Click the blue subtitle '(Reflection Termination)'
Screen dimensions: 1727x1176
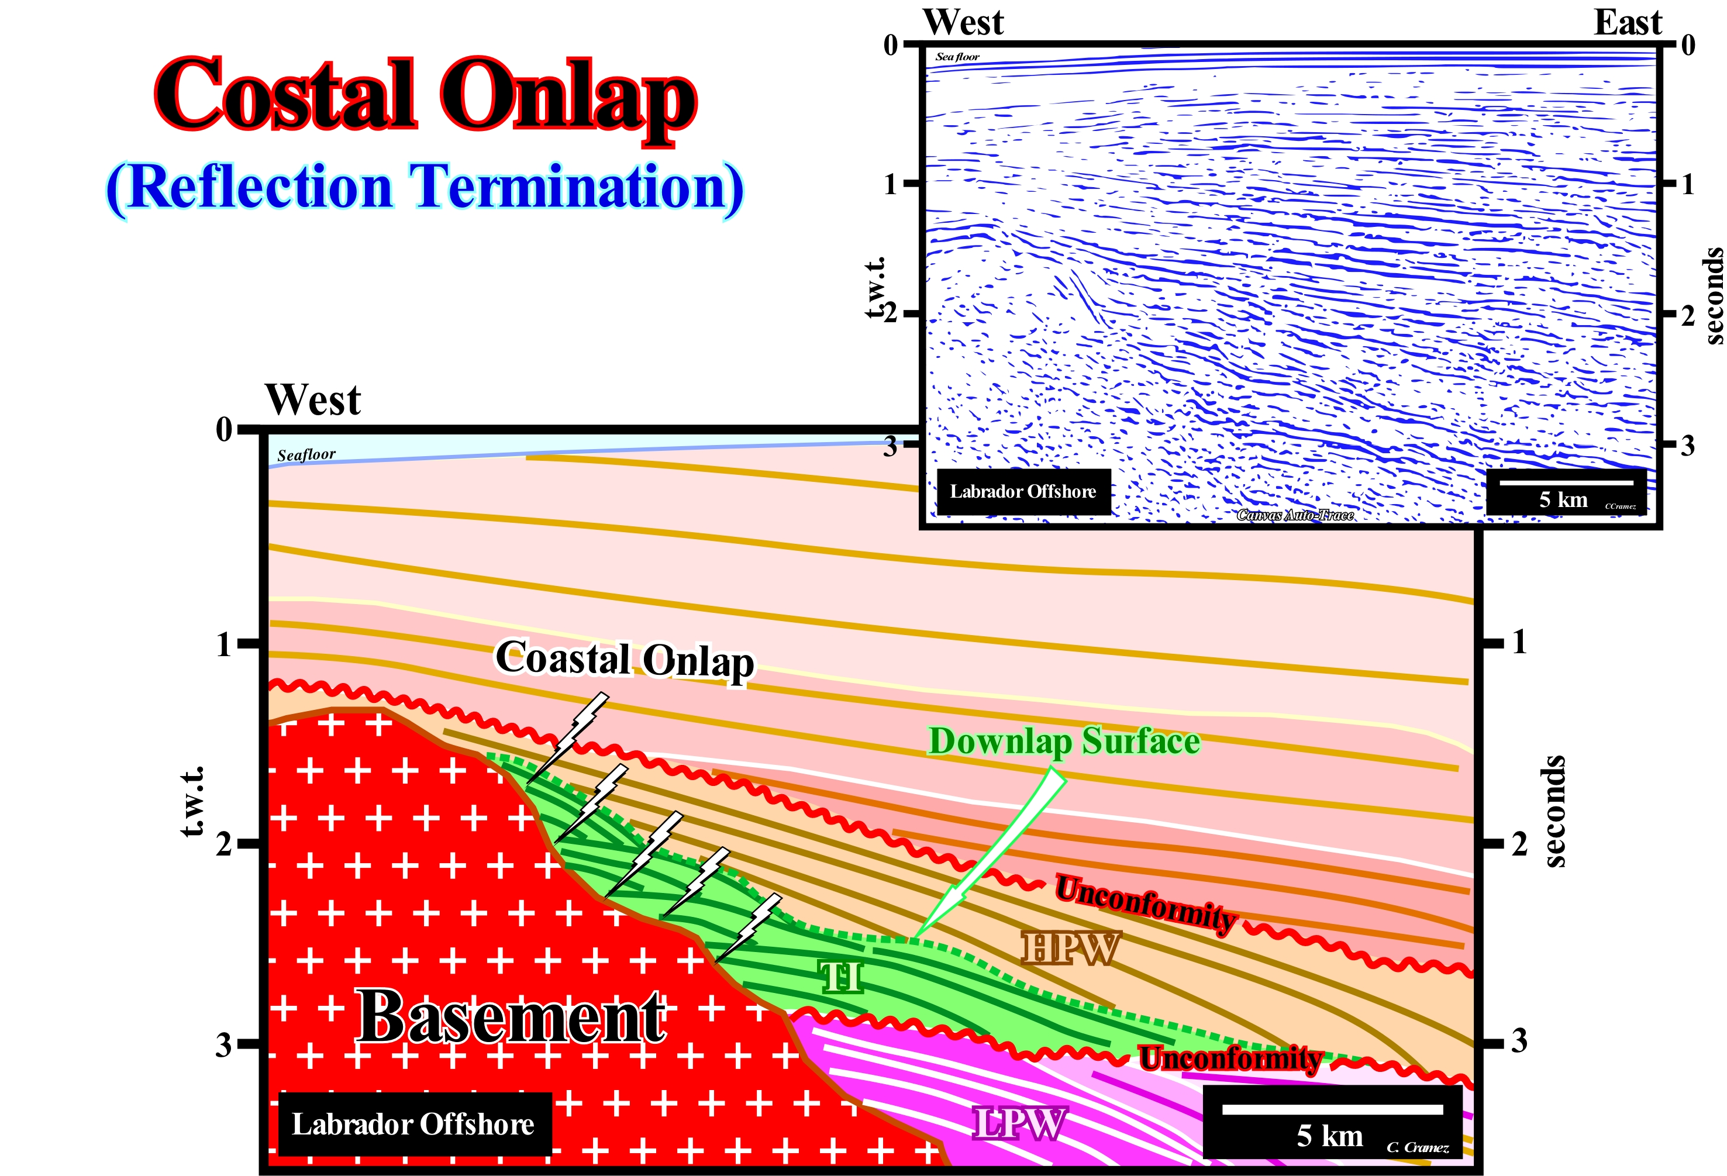[x=425, y=187]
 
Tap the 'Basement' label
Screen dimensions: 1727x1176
[x=512, y=1017]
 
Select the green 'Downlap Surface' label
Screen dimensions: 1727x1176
[x=1064, y=742]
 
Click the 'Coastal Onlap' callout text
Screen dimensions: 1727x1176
[x=625, y=660]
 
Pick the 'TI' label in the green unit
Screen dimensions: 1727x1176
[x=841, y=977]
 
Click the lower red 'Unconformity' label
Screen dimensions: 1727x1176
[x=1230, y=1058]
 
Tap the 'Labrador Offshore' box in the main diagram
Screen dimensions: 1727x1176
[x=413, y=1125]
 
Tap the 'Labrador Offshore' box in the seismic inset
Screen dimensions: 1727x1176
[x=1023, y=491]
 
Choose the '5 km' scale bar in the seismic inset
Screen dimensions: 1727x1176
[x=1566, y=492]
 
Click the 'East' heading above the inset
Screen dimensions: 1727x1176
[x=1628, y=23]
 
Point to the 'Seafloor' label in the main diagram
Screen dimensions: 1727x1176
[x=306, y=454]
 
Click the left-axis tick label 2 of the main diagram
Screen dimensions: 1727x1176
[x=223, y=844]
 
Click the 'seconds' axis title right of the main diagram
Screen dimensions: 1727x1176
[x=1554, y=811]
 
